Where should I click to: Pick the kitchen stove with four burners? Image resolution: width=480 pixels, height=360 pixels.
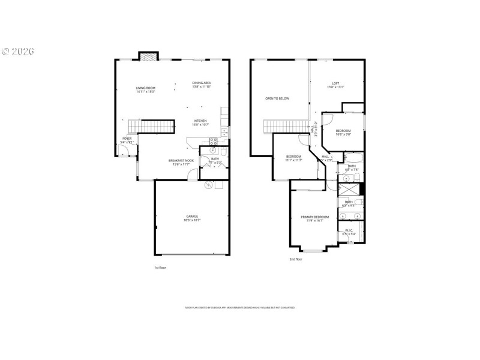point(214,141)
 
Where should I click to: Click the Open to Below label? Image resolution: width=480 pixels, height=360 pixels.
point(277,98)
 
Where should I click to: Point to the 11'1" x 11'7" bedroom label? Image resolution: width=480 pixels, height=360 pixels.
point(294,158)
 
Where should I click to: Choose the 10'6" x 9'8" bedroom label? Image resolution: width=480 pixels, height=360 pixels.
point(343,133)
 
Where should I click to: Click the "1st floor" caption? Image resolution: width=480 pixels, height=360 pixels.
point(160,268)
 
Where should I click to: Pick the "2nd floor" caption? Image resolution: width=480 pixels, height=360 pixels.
point(296,259)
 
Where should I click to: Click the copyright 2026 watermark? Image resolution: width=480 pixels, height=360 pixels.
point(18,51)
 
